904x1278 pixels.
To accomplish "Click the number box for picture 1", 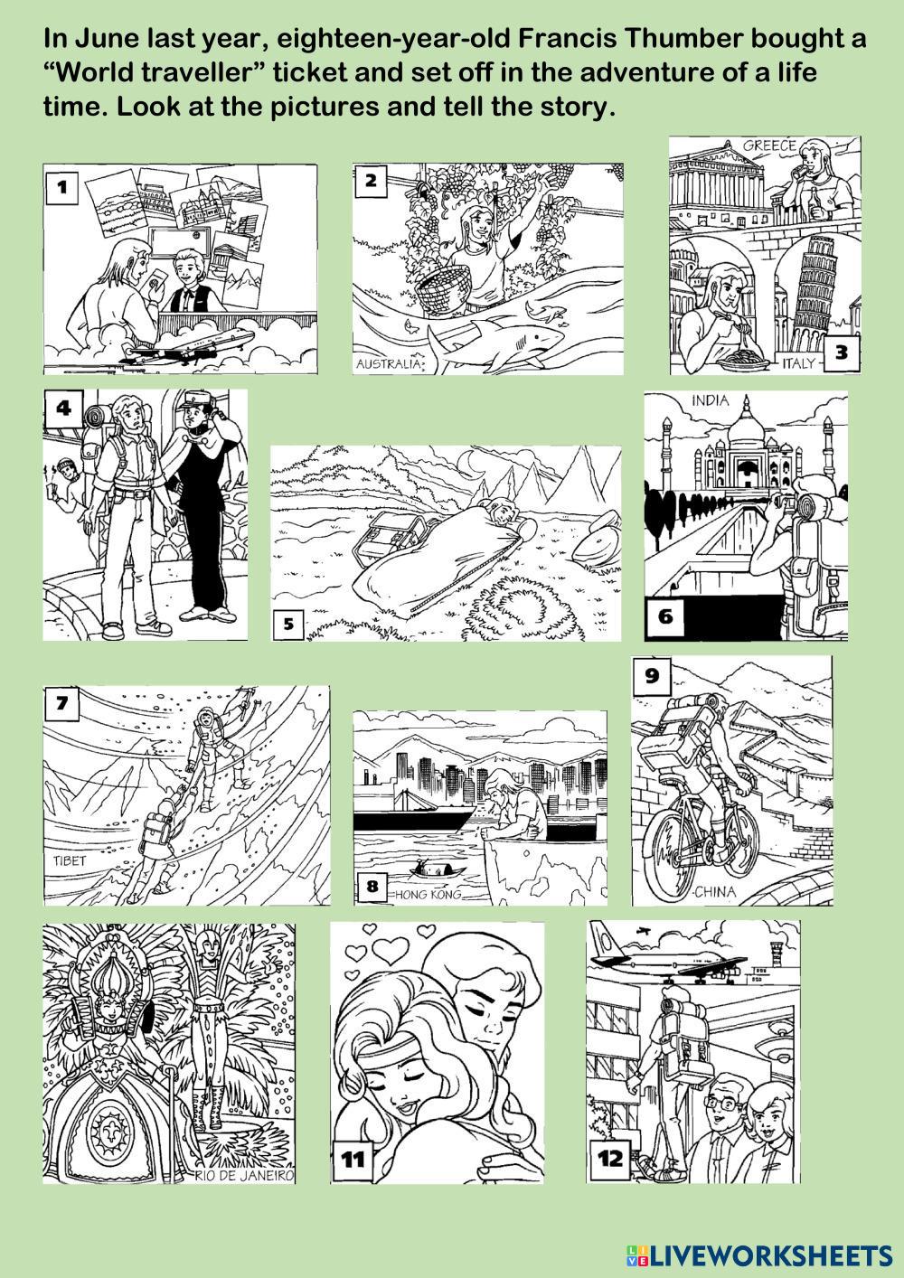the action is coord(62,186).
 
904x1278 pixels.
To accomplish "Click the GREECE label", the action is coord(768,146).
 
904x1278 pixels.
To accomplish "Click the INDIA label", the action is coord(710,401).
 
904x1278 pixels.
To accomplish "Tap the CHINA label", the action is coord(716,891).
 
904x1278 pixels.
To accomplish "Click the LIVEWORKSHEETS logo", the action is coord(759,1255).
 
